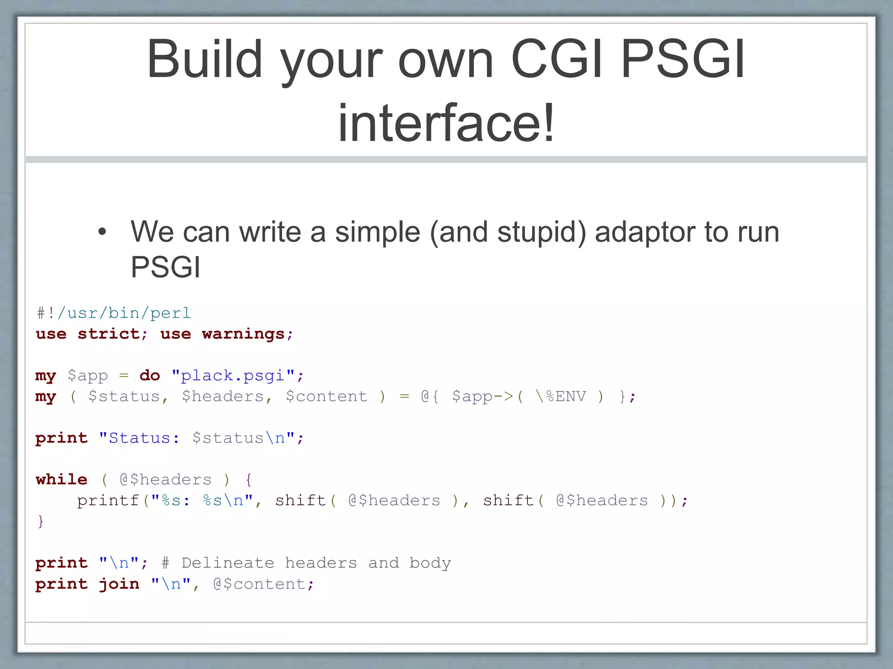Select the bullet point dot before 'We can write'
click(x=102, y=232)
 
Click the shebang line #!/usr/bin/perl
click(x=113, y=313)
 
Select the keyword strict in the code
click(x=109, y=334)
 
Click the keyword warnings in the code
click(x=243, y=334)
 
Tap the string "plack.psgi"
click(x=233, y=375)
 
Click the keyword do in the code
click(x=150, y=375)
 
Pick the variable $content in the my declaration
click(x=326, y=396)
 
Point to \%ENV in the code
click(x=561, y=396)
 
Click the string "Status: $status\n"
click(x=197, y=438)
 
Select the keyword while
click(x=61, y=480)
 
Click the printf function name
click(x=108, y=500)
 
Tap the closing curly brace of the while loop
click(x=41, y=521)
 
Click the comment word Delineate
click(x=228, y=563)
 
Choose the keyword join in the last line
click(x=119, y=584)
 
